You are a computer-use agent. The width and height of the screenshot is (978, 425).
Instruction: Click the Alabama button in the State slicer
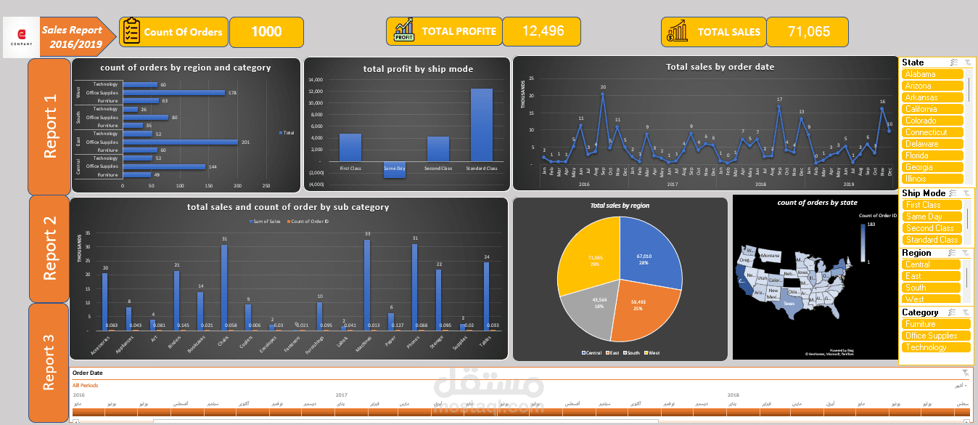coord(933,74)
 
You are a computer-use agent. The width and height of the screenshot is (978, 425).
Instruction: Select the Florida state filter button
coord(933,155)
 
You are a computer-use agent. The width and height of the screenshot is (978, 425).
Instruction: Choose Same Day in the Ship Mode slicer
coord(933,216)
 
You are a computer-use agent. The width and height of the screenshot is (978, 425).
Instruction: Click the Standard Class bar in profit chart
coord(482,125)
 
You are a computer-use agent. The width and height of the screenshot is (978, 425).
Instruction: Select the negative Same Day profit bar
coord(395,169)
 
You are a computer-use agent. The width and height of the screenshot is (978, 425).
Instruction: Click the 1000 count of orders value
coord(266,32)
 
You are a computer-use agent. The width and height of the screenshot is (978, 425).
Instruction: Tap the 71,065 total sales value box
coord(808,32)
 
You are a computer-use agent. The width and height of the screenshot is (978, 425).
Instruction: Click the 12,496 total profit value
coord(542,32)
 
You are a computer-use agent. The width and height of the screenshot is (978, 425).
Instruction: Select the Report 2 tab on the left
coord(49,249)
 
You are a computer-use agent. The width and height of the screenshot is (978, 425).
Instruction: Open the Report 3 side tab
coord(49,362)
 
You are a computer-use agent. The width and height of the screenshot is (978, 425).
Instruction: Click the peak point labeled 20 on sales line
coord(602,94)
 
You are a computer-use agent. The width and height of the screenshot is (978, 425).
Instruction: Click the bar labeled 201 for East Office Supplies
coord(181,142)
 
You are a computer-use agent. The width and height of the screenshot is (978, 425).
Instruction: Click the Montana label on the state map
coord(770,256)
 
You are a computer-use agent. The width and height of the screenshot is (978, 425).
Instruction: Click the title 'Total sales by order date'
coord(720,67)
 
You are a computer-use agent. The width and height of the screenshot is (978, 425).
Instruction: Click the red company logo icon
coord(21,33)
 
